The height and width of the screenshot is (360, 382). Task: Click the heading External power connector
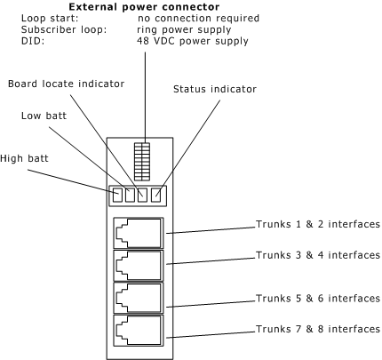click(144, 6)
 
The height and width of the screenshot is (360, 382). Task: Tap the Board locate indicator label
click(66, 84)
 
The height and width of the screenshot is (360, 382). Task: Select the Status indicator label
click(215, 89)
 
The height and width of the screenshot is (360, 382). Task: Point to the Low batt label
click(44, 116)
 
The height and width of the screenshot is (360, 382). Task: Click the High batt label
click(24, 158)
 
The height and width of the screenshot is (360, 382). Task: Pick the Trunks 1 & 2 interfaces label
click(318, 224)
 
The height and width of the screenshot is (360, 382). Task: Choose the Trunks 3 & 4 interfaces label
click(318, 255)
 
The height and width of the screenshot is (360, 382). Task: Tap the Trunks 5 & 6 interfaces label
click(318, 298)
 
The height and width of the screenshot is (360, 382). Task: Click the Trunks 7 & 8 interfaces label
click(318, 329)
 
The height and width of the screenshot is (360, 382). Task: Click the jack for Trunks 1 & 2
click(139, 233)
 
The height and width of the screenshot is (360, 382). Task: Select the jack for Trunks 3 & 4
click(139, 266)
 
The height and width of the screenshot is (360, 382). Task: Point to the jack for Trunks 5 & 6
click(139, 298)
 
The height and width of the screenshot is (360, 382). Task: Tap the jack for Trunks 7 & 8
click(139, 330)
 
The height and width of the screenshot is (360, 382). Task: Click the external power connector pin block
click(142, 162)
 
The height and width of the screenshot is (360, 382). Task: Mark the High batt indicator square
click(117, 196)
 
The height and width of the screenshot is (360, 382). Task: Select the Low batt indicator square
click(130, 196)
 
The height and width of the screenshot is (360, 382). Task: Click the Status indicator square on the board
click(155, 196)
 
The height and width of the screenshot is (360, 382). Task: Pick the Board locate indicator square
click(142, 196)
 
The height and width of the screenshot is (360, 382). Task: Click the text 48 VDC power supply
click(193, 41)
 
